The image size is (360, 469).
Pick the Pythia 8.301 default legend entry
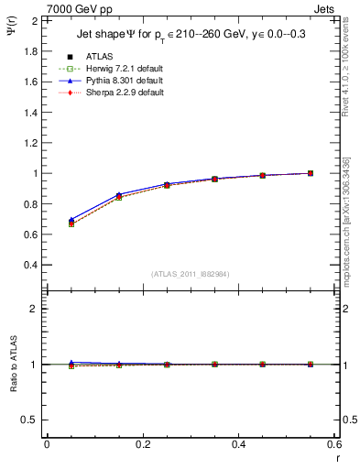point(124,81)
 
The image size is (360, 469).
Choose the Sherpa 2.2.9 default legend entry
point(124,93)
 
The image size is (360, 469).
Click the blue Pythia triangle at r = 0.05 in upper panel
point(71,220)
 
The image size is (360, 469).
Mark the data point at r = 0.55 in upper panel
point(311,173)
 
